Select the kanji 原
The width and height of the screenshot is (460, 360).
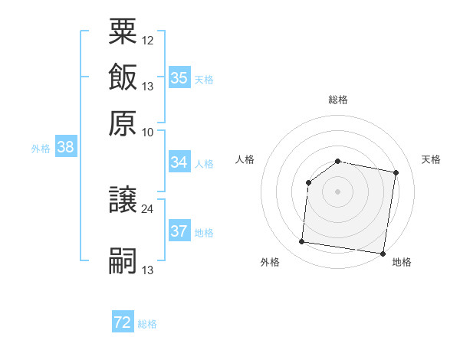123,123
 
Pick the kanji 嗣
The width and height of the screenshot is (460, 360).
123,260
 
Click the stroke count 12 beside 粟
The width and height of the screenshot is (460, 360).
148,40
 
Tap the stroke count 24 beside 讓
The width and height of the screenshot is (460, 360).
148,208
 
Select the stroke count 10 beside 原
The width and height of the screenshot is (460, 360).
148,132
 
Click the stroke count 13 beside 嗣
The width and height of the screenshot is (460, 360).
148,270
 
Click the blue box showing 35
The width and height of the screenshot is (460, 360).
179,77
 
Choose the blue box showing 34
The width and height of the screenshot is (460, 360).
179,162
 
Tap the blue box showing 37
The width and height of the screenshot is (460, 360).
179,231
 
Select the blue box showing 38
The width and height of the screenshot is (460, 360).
65,148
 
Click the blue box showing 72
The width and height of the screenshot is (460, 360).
123,323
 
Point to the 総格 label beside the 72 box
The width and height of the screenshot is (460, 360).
147,324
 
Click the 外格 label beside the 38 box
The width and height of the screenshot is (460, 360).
41,149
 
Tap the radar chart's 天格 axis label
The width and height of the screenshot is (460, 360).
431,159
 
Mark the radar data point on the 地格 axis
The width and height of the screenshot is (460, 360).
383,253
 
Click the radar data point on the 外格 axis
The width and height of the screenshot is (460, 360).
302,242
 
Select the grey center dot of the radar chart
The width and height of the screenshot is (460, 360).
337,191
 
